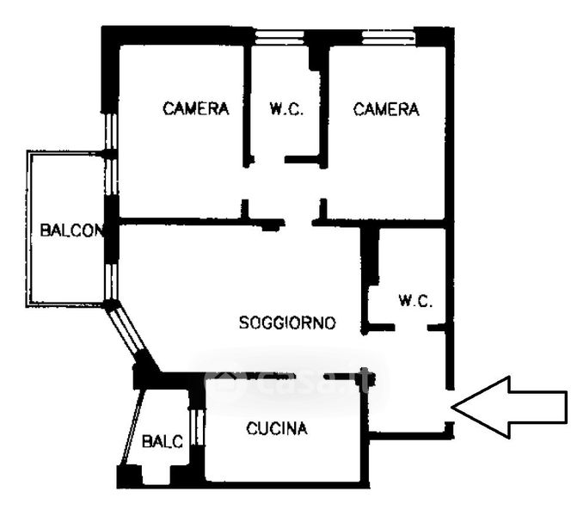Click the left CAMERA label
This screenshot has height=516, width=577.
(196, 108)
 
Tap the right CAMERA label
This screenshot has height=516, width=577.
(386, 109)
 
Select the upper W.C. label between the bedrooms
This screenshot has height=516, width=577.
(286, 109)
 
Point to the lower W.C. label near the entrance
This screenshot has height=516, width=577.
(415, 301)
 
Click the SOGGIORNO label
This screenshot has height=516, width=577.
(287, 322)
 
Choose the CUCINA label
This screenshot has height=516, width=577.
(277, 428)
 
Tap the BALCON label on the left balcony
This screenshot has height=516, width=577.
(71, 230)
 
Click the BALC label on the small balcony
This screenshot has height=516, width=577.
(163, 441)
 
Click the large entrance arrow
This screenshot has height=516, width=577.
(509, 408)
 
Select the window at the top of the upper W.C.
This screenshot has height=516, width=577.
(279, 37)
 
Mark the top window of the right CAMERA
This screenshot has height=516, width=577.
(389, 37)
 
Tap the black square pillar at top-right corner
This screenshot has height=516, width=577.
(434, 36)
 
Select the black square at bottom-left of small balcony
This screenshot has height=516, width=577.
(129, 476)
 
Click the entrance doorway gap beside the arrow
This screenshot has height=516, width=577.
(450, 406)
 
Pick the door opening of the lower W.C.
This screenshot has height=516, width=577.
(411, 327)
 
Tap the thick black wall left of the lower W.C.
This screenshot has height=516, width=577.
(370, 255)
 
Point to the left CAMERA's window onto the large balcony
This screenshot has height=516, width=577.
(111, 155)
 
